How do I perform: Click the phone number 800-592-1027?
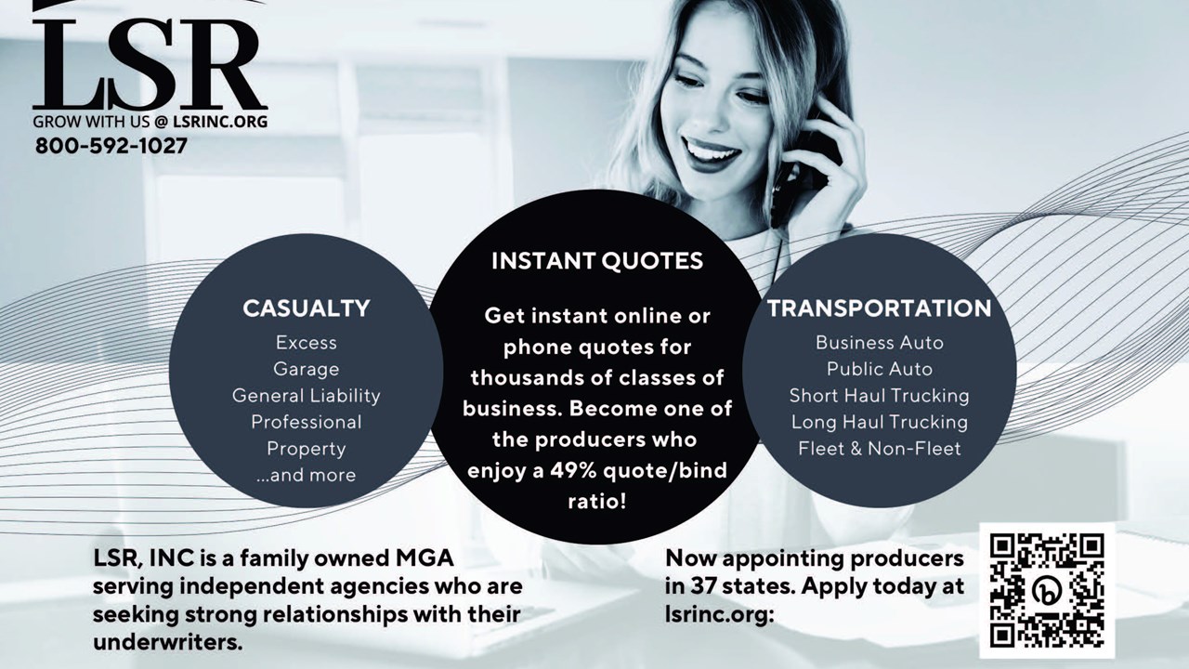pyautogui.click(x=111, y=146)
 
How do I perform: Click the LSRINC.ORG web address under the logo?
pyautogui.click(x=220, y=122)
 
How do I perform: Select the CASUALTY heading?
pyautogui.click(x=307, y=308)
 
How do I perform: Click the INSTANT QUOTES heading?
pyautogui.click(x=597, y=261)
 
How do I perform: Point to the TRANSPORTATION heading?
pyautogui.click(x=880, y=308)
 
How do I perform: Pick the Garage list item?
pyautogui.click(x=307, y=370)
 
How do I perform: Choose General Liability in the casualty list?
pyautogui.click(x=307, y=396)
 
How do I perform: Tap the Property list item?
pyautogui.click(x=307, y=449)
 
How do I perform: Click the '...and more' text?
pyautogui.click(x=307, y=475)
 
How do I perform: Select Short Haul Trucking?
pyautogui.click(x=880, y=396)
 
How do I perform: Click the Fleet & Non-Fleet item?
pyautogui.click(x=880, y=449)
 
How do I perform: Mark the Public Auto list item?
pyautogui.click(x=880, y=369)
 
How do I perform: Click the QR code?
pyautogui.click(x=1047, y=590)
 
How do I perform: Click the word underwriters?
pyautogui.click(x=168, y=642)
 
